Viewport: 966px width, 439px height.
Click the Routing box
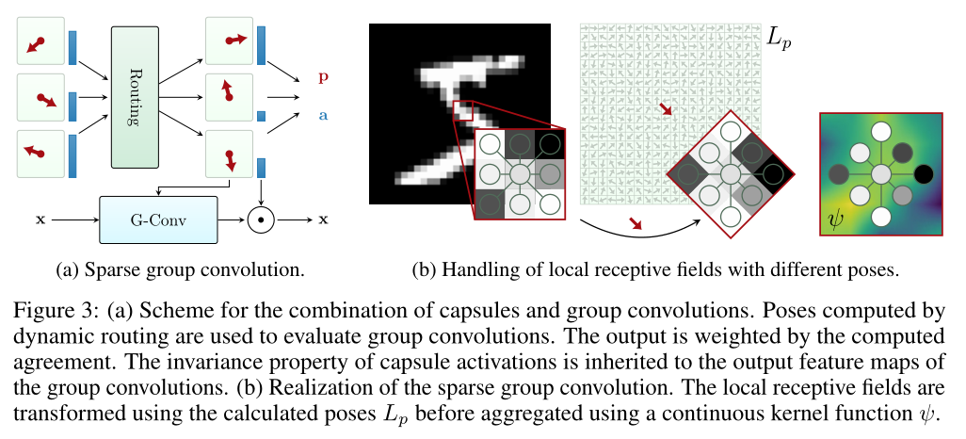coord(134,99)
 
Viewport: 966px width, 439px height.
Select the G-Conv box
coord(158,219)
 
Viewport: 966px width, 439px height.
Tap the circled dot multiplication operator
coord(260,219)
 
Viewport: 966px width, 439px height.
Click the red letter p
coord(324,76)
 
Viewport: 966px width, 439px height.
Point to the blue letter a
coord(324,114)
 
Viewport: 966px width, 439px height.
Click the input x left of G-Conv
coord(40,219)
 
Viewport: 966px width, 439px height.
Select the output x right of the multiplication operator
coord(324,219)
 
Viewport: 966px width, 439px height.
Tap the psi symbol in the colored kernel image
coord(835,221)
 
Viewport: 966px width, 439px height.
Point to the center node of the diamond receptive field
coord(729,173)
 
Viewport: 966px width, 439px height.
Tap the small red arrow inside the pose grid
coord(667,111)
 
